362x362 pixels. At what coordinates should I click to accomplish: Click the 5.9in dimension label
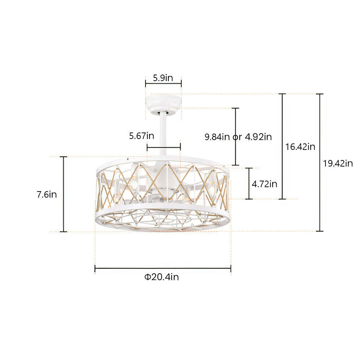click(x=163, y=78)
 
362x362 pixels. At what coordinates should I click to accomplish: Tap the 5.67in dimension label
click(x=142, y=136)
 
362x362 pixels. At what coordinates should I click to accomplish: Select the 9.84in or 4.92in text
click(x=238, y=137)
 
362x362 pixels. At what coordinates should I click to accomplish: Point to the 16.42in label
click(x=300, y=147)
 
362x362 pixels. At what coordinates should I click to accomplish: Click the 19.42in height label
click(x=338, y=163)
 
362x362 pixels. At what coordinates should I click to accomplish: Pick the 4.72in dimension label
click(x=265, y=184)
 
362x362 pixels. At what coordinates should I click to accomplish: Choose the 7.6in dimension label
click(x=47, y=194)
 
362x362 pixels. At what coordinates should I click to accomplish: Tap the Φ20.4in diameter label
click(x=162, y=277)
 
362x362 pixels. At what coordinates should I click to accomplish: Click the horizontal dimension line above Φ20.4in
click(x=163, y=268)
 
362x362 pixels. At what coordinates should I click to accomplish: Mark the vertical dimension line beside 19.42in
click(x=320, y=163)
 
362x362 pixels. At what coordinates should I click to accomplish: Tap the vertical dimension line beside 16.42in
click(x=282, y=147)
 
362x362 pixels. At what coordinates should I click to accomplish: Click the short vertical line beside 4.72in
click(x=249, y=184)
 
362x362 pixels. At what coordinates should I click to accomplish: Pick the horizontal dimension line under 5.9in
click(x=163, y=84)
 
